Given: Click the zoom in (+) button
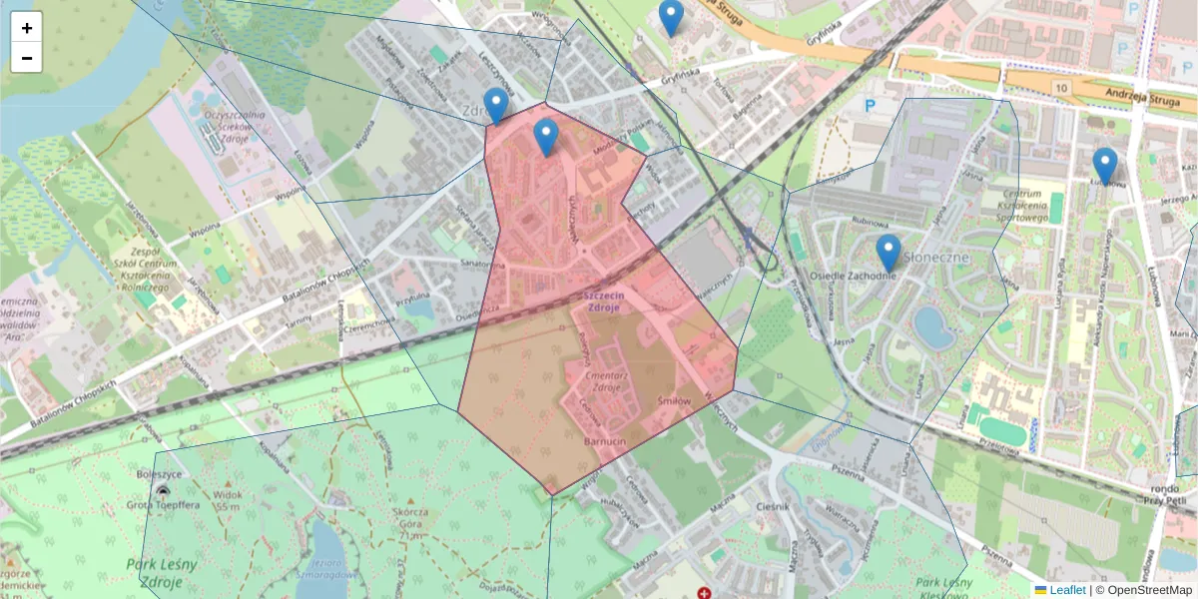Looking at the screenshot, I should pyautogui.click(x=27, y=28).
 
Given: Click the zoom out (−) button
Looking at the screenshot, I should pyautogui.click(x=27, y=58).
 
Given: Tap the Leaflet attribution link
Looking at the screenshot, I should pyautogui.click(x=1066, y=590).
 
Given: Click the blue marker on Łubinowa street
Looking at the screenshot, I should pyautogui.click(x=1104, y=167).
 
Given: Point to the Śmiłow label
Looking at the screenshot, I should pyautogui.click(x=674, y=400).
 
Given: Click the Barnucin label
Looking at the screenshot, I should pyautogui.click(x=604, y=436).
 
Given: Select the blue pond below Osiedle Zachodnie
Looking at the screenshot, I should pyautogui.click(x=934, y=327).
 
